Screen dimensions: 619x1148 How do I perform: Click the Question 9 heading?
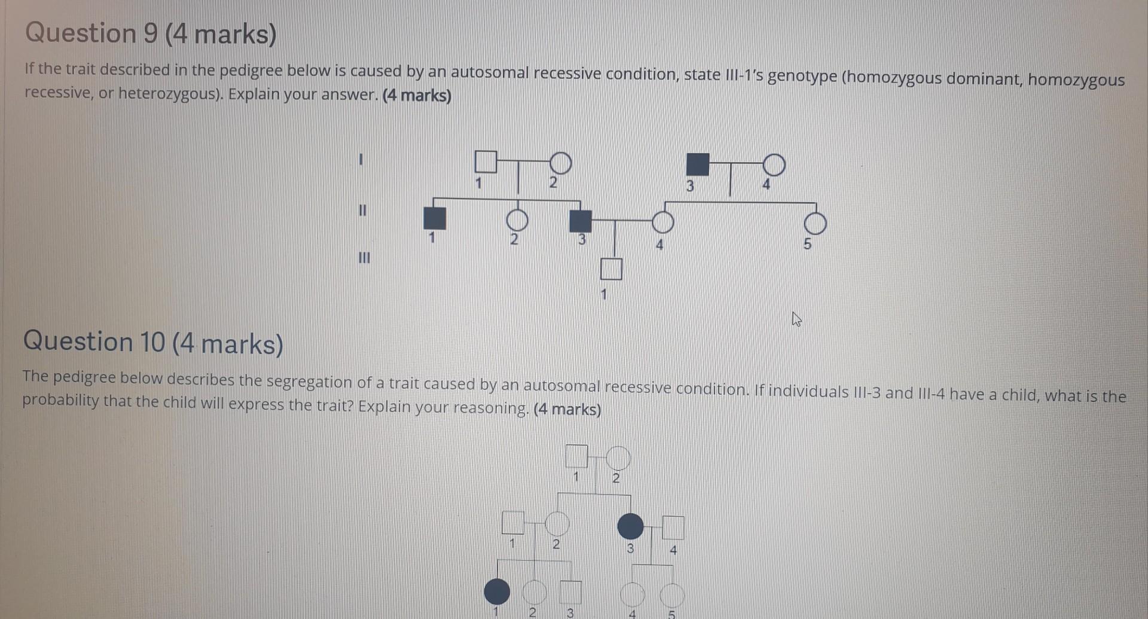pos(151,33)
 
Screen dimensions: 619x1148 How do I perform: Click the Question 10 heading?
pos(153,343)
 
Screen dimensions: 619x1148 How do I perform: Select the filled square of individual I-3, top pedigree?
pos(697,164)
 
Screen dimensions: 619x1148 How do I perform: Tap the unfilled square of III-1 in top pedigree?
pos(611,269)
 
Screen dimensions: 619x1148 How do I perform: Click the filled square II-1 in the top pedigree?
pos(435,218)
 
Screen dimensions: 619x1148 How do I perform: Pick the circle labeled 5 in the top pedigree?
pos(815,224)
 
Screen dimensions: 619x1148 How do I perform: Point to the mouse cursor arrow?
pos(796,319)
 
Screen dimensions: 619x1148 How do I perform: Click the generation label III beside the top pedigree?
pos(364,258)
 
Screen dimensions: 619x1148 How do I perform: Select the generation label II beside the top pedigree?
pos(362,211)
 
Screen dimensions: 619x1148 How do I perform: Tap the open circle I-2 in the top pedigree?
pos(560,163)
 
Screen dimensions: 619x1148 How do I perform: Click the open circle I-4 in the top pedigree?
pos(774,164)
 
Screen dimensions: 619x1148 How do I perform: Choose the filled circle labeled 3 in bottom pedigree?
pos(630,526)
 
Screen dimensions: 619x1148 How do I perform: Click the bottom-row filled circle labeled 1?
pos(497,591)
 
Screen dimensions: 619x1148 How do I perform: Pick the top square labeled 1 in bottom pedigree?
pos(576,456)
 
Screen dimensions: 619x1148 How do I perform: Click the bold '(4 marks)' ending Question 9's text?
pos(417,96)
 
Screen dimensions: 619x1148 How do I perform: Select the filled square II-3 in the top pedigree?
pos(580,221)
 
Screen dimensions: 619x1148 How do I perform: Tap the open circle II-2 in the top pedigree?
pos(517,220)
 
